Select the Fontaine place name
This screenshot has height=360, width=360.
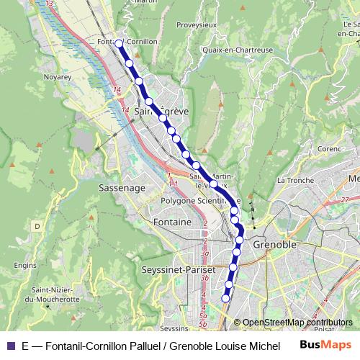[172, 222]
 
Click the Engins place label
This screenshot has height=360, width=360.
[24, 265]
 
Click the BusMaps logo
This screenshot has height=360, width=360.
[326, 344]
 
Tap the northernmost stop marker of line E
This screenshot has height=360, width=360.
[120, 44]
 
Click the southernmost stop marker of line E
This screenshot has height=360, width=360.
[225, 298]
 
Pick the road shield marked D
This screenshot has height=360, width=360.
[36, 226]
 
